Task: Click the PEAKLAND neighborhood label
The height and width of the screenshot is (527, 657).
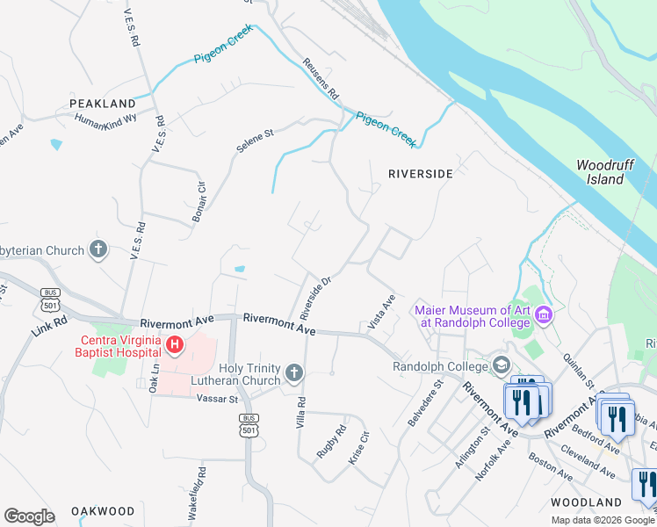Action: click(103, 104)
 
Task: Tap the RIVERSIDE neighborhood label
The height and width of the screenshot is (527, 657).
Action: click(421, 174)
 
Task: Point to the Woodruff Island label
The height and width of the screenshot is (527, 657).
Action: click(600, 172)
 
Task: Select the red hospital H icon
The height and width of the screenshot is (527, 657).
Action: click(175, 344)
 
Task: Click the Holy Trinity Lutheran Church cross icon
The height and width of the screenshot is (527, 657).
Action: click(294, 375)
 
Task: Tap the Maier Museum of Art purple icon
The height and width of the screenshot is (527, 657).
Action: click(544, 314)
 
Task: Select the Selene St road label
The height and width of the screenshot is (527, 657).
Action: click(255, 141)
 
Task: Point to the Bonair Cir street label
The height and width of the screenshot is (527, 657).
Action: click(199, 201)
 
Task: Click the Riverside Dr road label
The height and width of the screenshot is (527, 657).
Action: click(314, 298)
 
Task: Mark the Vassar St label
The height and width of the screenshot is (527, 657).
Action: click(217, 399)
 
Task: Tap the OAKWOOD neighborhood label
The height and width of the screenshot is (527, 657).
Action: click(103, 510)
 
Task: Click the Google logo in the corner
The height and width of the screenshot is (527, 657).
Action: click(29, 516)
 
